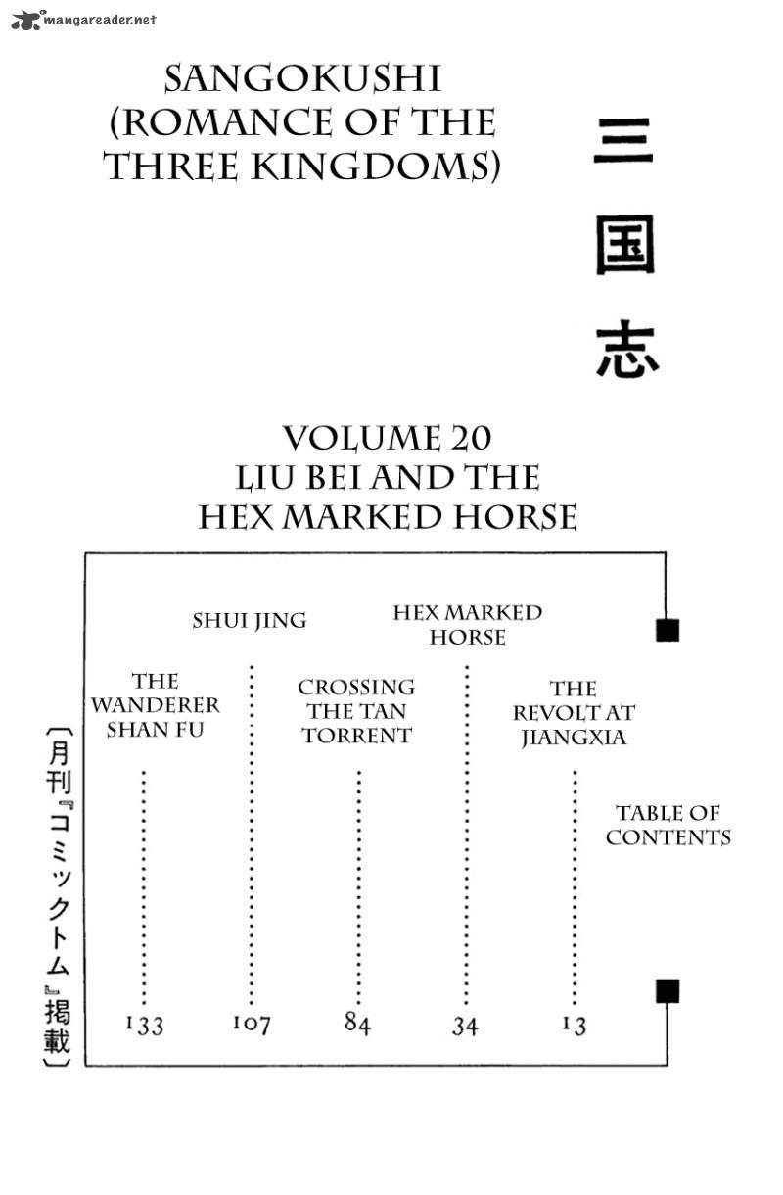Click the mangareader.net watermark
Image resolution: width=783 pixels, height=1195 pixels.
point(83,19)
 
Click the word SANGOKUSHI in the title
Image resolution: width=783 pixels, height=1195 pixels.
point(302,78)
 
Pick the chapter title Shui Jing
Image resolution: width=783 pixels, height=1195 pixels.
point(250,620)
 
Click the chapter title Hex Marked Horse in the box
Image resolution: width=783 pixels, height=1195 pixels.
point(467,625)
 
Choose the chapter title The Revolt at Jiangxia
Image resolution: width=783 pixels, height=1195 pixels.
point(574,713)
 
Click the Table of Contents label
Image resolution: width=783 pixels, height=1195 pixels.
point(668,825)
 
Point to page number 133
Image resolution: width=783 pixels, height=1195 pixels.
point(145,1025)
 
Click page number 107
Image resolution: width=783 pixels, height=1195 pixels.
point(252,1024)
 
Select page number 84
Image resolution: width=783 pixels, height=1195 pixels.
point(357,1024)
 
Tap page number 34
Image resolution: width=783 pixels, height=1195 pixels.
point(465,1027)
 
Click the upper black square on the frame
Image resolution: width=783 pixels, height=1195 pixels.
point(668,630)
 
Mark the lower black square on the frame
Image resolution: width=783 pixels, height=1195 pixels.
point(668,991)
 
